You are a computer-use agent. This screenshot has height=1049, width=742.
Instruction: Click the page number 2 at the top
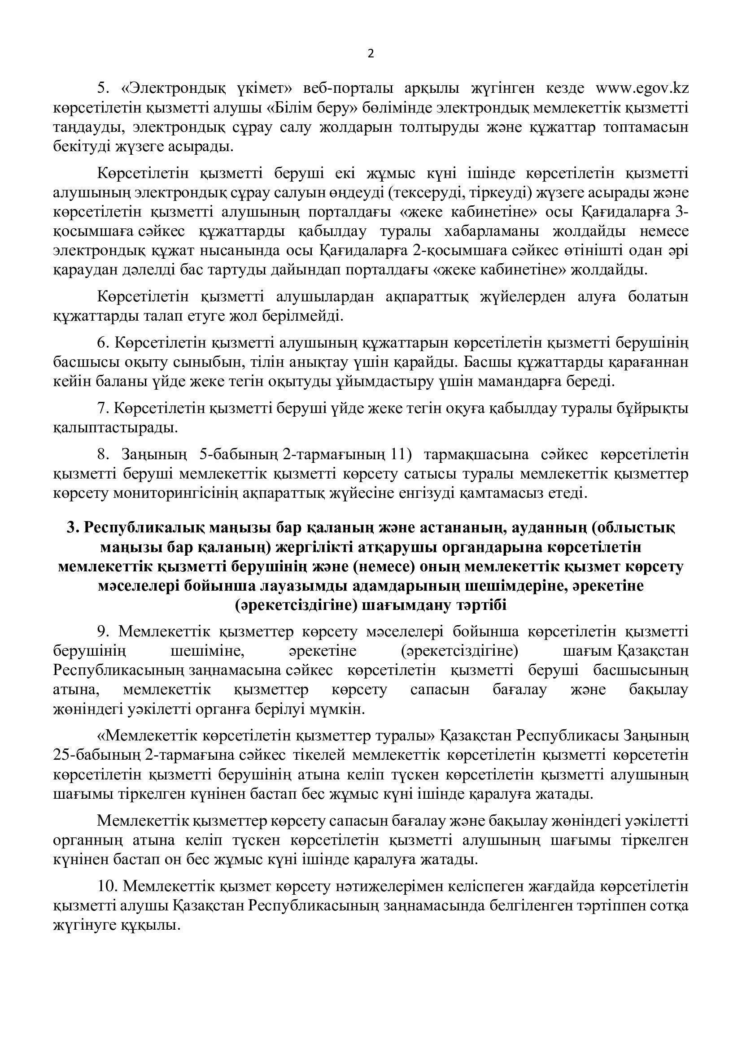coord(370,54)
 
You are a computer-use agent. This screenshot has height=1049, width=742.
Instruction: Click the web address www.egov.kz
coord(642,88)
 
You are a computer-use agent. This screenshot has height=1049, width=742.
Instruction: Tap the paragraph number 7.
coord(102,408)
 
